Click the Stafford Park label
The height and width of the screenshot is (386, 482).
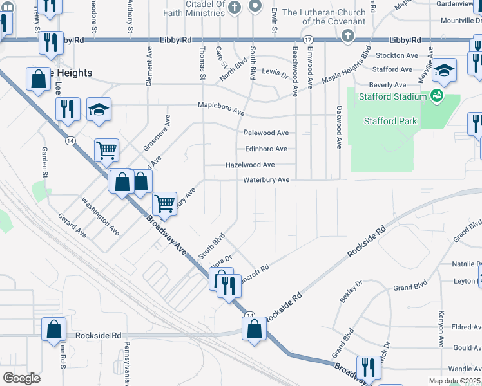pyautogui.click(x=390, y=121)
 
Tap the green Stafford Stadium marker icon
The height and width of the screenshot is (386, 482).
pyautogui.click(x=438, y=96)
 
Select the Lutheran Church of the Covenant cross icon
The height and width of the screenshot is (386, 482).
pyautogui.click(x=347, y=36)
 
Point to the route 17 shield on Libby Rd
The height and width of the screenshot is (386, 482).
pyautogui.click(x=308, y=39)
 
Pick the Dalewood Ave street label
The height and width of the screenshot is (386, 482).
pyautogui.click(x=265, y=133)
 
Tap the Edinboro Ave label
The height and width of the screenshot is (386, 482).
pyautogui.click(x=265, y=149)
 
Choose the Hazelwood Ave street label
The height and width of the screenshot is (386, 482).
pyautogui.click(x=250, y=165)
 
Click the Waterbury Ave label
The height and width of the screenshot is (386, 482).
pyautogui.click(x=265, y=180)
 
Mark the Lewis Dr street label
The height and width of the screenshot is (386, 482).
pyautogui.click(x=275, y=74)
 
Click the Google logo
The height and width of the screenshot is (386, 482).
pyautogui.click(x=21, y=378)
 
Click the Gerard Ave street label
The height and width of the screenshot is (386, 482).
pyautogui.click(x=72, y=226)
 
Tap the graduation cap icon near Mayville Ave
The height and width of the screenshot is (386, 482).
pyautogui.click(x=443, y=71)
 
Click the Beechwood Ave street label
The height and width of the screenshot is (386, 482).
pyautogui.click(x=295, y=71)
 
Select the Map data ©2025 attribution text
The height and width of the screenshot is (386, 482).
pyautogui.click(x=454, y=381)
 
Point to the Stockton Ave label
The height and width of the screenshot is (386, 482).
pyautogui.click(x=397, y=56)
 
